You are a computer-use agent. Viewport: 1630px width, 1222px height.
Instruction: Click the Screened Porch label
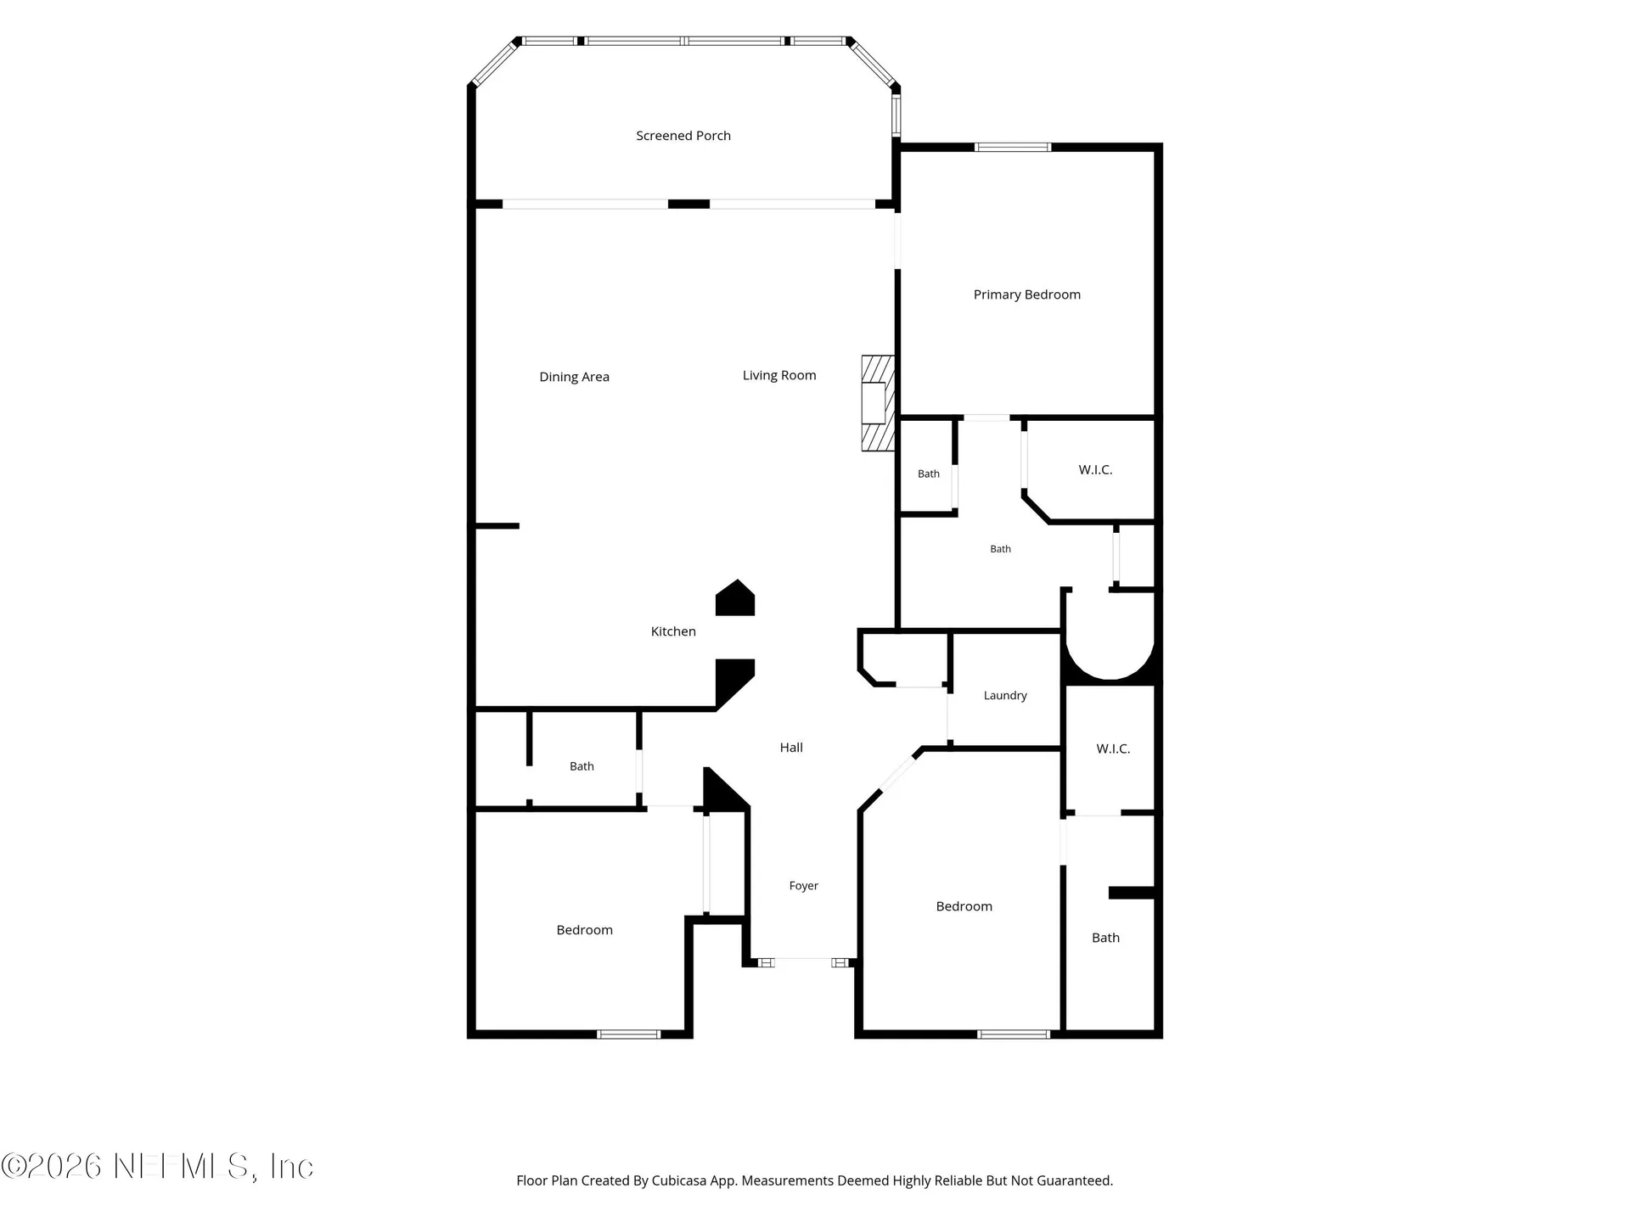click(x=683, y=136)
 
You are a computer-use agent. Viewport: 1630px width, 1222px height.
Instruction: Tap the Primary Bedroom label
click(x=1027, y=294)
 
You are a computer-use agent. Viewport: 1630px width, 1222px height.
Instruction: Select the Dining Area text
click(x=575, y=377)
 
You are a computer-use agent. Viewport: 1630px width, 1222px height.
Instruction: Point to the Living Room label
click(x=779, y=375)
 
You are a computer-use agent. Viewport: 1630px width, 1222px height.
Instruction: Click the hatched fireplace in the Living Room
click(x=878, y=403)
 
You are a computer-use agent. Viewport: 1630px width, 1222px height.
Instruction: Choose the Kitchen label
click(x=673, y=631)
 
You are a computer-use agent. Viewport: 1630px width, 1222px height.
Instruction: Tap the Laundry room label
click(x=1005, y=696)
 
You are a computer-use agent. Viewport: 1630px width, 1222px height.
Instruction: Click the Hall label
click(x=791, y=748)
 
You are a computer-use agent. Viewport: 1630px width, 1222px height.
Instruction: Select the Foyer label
click(x=804, y=886)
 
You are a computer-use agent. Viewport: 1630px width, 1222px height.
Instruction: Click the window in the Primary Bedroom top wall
click(x=1013, y=148)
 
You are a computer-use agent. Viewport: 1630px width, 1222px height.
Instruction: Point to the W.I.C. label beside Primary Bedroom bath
click(x=1095, y=469)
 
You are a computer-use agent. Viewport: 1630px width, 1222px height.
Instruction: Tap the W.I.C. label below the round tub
click(x=1113, y=748)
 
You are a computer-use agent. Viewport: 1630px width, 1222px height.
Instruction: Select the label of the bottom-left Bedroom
click(x=585, y=930)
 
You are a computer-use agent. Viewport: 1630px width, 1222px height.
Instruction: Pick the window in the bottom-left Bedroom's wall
click(x=628, y=1034)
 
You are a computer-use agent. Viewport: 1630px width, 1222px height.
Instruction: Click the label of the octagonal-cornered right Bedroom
click(x=964, y=906)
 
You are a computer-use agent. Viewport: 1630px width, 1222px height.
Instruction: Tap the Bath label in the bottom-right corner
click(x=1105, y=938)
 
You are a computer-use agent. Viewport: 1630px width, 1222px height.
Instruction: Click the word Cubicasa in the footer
click(x=679, y=1180)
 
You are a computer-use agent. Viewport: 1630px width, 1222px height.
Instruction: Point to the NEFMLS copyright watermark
click(x=157, y=1166)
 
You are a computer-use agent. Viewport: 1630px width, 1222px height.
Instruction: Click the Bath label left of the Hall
click(x=582, y=766)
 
